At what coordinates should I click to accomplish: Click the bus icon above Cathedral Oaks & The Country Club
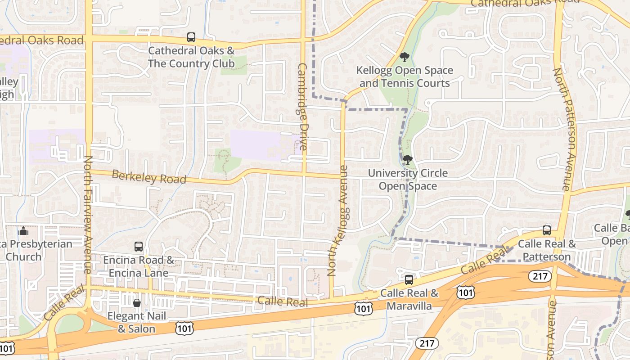click(x=191, y=37)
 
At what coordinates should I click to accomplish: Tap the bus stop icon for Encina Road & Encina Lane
click(x=139, y=247)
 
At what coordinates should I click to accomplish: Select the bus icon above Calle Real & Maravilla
click(x=409, y=279)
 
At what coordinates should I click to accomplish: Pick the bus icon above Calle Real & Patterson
click(x=547, y=230)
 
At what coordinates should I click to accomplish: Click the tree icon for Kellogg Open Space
click(x=404, y=57)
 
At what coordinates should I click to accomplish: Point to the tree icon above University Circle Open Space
click(x=408, y=159)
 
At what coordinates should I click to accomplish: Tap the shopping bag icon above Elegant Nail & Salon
click(x=136, y=302)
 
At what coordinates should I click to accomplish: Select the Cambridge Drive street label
click(x=302, y=107)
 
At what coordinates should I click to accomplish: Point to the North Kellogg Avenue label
click(x=338, y=220)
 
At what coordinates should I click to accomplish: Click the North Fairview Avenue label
click(x=88, y=215)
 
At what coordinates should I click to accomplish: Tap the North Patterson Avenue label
click(x=562, y=129)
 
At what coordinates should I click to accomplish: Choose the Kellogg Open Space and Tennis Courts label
click(x=405, y=77)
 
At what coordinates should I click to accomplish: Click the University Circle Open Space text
click(x=408, y=180)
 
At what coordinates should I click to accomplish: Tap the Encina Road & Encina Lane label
click(x=139, y=266)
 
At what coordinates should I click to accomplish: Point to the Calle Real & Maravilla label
click(x=409, y=300)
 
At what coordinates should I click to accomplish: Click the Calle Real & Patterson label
click(x=547, y=250)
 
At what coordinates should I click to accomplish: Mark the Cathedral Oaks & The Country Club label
click(x=191, y=57)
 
